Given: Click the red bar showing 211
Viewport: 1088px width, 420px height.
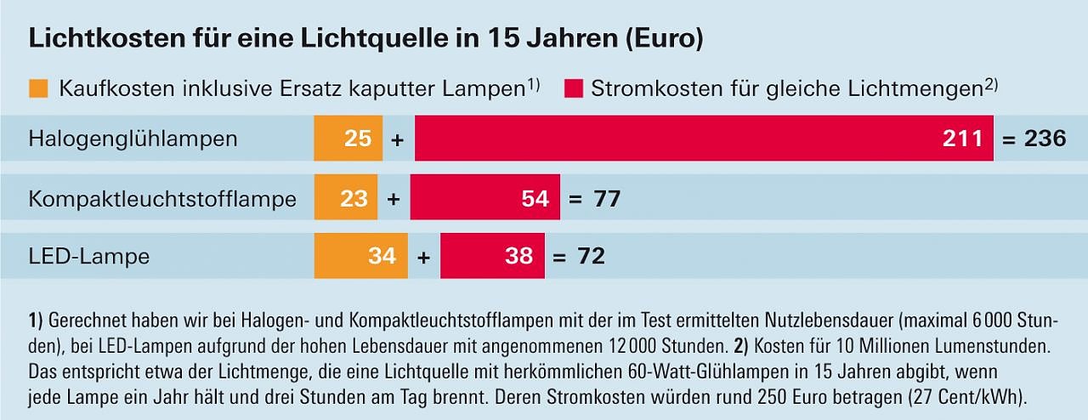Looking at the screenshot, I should pyautogui.click(x=704, y=139).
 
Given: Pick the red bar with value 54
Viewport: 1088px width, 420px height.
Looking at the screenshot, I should pyautogui.click(x=484, y=199).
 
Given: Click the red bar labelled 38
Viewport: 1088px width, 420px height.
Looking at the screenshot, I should pyautogui.click(x=492, y=255).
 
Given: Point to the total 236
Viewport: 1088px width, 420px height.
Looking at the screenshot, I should pyautogui.click(x=1045, y=139).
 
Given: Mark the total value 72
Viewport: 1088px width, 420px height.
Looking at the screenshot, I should pyautogui.click(x=591, y=256).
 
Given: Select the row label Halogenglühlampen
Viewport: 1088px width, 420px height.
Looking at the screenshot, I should pyautogui.click(x=133, y=139).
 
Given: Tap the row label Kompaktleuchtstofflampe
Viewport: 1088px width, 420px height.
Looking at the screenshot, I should pyautogui.click(x=162, y=200).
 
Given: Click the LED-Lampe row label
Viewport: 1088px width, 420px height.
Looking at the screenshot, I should pyautogui.click(x=89, y=256).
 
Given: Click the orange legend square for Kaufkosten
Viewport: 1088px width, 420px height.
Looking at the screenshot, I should pyautogui.click(x=39, y=88).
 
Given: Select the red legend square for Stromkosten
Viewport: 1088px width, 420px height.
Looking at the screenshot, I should pyautogui.click(x=574, y=88).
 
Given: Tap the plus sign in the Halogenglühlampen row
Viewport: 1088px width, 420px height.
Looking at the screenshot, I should pyautogui.click(x=397, y=139).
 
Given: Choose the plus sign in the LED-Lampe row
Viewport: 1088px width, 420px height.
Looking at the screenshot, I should pyautogui.click(x=423, y=256).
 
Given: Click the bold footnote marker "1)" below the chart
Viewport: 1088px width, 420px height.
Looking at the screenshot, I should pyautogui.click(x=36, y=321).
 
